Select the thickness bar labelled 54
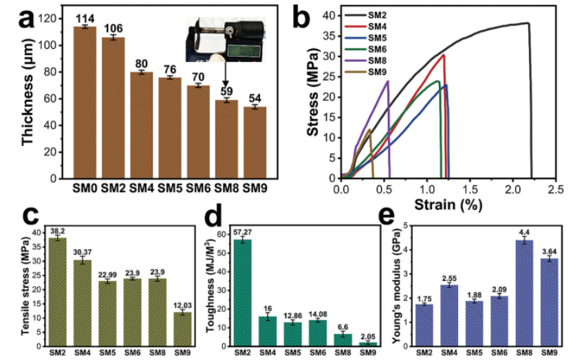(x=255, y=142)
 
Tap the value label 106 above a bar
(x=113, y=28)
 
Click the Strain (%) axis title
(x=448, y=204)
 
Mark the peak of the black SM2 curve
(x=528, y=23)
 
